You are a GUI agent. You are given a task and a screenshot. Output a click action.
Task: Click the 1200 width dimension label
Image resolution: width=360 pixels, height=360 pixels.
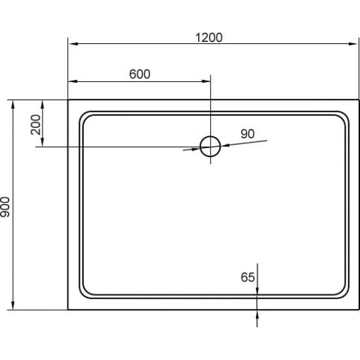209,37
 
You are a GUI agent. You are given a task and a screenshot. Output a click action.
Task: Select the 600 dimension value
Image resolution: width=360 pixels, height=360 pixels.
139,74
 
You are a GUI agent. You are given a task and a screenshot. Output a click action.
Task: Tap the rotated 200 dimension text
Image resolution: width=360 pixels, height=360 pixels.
35,123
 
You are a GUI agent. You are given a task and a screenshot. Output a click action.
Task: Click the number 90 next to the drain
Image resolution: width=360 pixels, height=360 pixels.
247,134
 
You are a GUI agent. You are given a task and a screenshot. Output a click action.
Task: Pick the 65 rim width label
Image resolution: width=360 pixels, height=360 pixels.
247,277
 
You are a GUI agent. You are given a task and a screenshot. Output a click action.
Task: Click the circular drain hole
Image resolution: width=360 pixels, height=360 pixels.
210,145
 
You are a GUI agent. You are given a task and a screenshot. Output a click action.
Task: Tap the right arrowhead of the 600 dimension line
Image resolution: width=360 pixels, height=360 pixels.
206,82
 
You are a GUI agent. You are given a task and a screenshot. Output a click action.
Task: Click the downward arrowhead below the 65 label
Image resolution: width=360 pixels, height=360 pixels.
258,289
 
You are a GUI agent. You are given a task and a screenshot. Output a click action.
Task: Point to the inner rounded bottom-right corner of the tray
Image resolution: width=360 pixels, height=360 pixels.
339,291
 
